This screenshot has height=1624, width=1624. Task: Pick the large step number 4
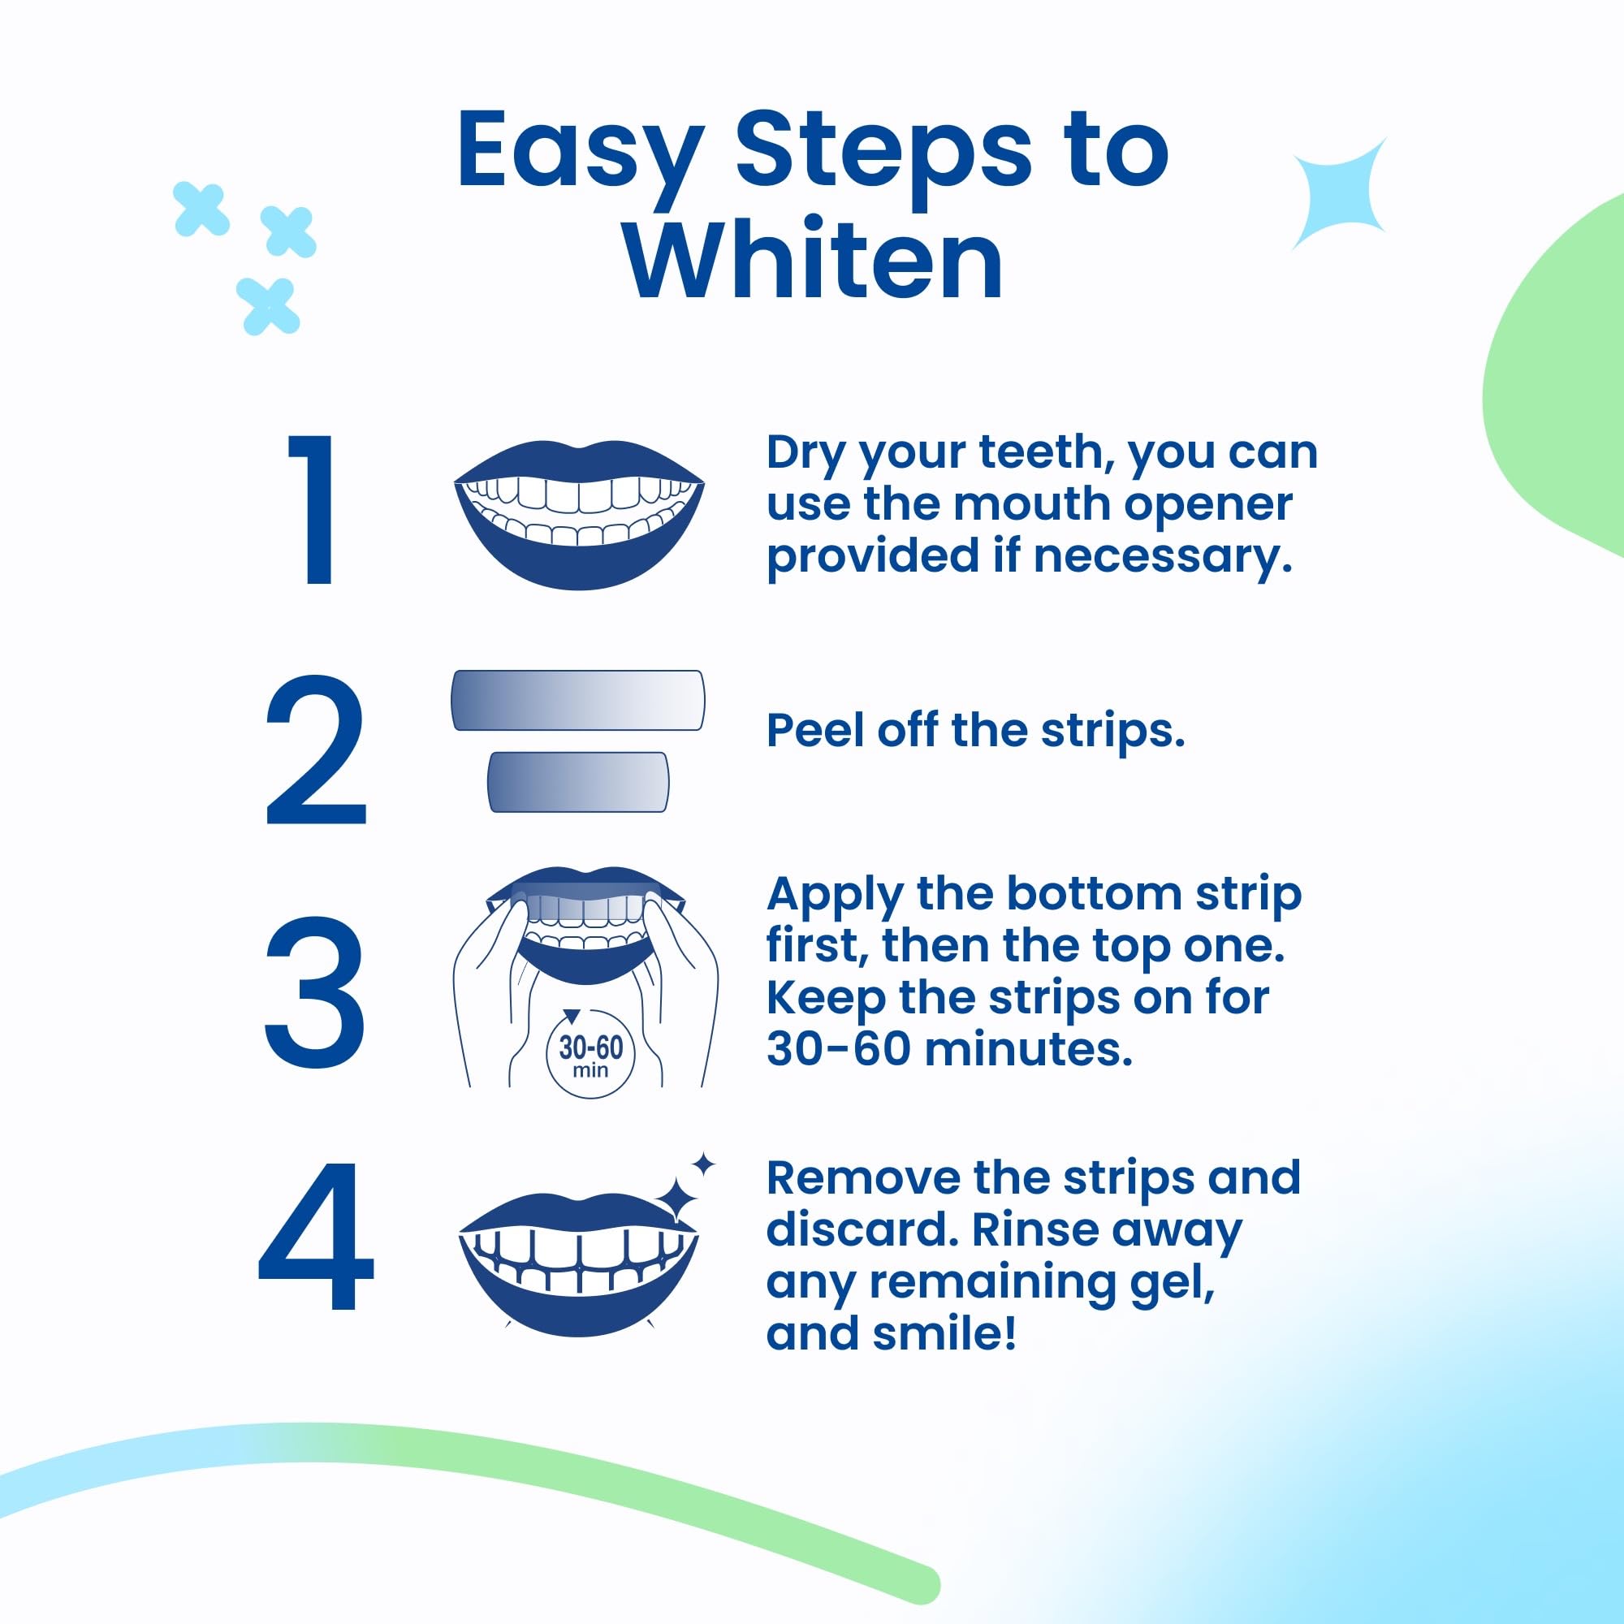coord(315,1235)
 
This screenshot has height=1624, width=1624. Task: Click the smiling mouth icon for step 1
coord(578,514)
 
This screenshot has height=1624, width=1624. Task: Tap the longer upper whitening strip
coord(577,700)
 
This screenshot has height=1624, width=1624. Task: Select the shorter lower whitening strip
coord(578,782)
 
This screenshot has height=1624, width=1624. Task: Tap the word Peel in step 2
coord(815,730)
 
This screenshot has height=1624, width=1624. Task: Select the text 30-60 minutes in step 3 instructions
coord(949,1050)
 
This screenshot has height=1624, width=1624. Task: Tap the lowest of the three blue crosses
coord(268,306)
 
